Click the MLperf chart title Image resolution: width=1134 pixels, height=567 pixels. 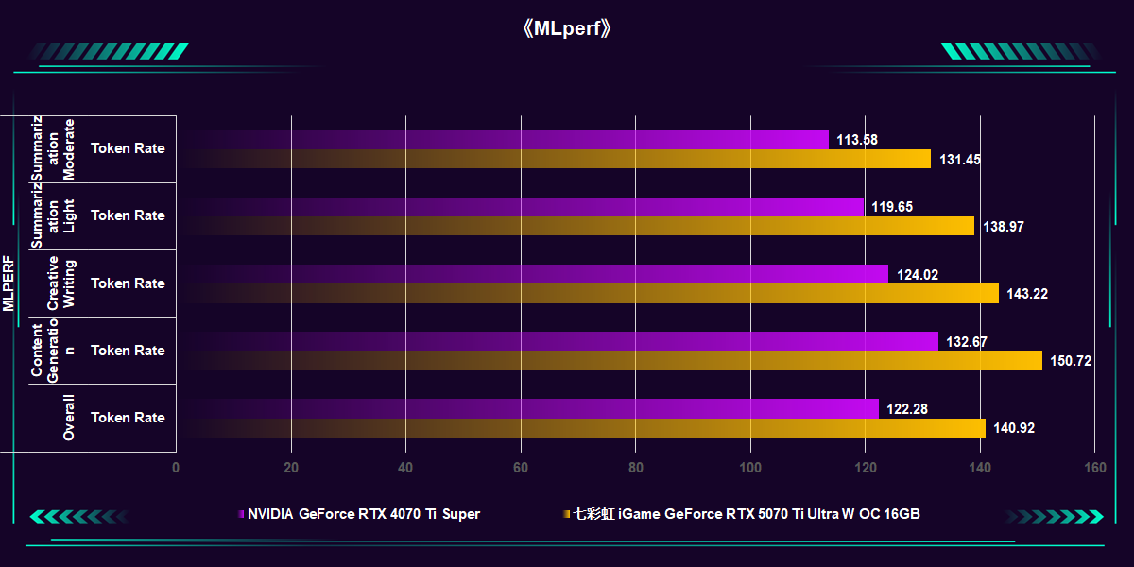point(567,28)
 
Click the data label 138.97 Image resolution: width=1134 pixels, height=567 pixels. point(1003,227)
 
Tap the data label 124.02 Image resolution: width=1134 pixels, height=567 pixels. point(917,275)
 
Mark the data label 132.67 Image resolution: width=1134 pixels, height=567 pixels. point(967,342)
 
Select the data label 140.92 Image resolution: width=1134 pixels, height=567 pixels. point(1014,428)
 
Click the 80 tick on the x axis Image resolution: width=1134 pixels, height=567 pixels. point(636,467)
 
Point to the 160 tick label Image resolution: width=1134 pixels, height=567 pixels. point(1094,467)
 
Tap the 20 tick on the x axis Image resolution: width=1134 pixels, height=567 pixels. point(291,467)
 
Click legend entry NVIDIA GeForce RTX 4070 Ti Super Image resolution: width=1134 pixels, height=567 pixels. point(363,514)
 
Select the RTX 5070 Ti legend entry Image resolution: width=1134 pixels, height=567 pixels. point(746,514)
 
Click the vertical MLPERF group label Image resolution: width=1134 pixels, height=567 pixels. point(9,283)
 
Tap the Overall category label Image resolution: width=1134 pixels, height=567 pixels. point(69,418)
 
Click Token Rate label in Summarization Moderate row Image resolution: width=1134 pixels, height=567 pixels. point(128,148)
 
